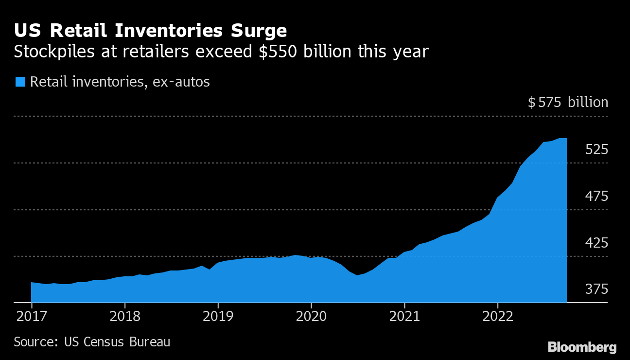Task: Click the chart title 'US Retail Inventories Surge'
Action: (150, 31)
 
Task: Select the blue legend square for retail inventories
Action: (20, 81)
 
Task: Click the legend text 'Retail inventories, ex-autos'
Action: (120, 81)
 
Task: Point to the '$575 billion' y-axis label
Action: (568, 102)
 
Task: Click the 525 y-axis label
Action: (596, 149)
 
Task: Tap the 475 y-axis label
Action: (596, 197)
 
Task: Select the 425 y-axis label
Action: (596, 242)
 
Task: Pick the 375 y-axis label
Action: (596, 289)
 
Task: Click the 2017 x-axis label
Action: (31, 316)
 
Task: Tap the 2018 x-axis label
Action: (124, 316)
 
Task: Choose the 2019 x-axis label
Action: (218, 316)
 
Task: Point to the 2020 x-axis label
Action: (311, 316)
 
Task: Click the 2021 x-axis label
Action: (404, 316)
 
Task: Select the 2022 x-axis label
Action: (498, 316)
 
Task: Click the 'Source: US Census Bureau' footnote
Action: (92, 342)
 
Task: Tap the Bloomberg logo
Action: (582, 347)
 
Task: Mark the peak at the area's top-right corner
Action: (565, 139)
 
